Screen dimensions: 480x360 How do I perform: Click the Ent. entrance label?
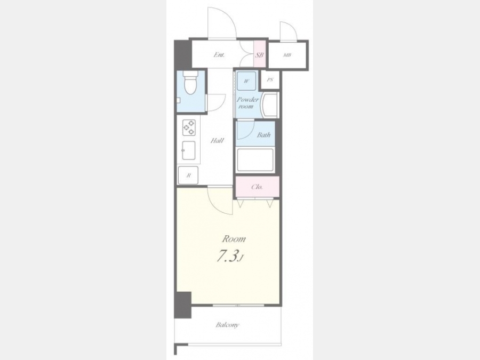coord(219,55)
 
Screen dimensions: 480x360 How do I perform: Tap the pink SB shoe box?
coord(260,54)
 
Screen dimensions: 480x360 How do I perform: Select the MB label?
coord(287,55)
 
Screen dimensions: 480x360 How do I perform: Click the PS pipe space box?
coord(270,80)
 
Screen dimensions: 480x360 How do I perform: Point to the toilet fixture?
coord(191,83)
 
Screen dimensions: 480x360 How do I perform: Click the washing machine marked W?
coord(246,81)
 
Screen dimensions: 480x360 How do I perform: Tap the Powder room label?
coord(247,103)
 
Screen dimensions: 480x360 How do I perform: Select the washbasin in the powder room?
coord(269,105)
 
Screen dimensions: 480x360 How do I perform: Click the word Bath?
coord(263,135)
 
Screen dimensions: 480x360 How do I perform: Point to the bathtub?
coord(255,160)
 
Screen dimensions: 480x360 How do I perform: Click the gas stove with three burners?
coord(189,127)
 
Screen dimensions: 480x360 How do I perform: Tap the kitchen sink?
coord(189,150)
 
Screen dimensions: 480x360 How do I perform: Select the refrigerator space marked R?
coord(188,175)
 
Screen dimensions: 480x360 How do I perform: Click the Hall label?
coord(217,140)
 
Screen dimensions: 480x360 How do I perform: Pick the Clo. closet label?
coord(257,187)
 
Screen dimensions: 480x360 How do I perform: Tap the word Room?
coord(234,238)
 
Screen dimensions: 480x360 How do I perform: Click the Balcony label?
coord(227,325)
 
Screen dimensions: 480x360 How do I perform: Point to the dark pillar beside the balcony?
coord(183,305)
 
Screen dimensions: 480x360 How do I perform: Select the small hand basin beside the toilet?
coord(179,100)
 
